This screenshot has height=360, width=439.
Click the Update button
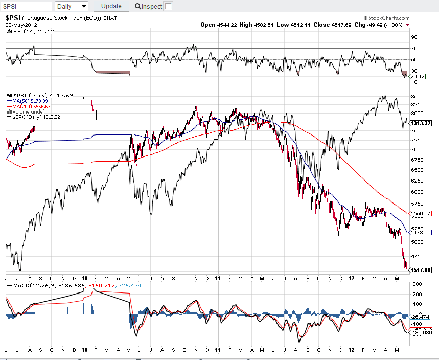click(111, 6)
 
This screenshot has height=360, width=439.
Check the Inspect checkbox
click(169, 6)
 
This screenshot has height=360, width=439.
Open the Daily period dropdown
click(71, 6)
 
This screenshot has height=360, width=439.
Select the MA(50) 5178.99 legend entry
click(32, 101)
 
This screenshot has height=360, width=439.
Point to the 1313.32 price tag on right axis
click(421, 123)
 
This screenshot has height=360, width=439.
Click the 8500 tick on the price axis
click(418, 96)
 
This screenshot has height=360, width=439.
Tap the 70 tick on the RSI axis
click(414, 48)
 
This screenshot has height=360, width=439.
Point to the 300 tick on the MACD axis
click(416, 284)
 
